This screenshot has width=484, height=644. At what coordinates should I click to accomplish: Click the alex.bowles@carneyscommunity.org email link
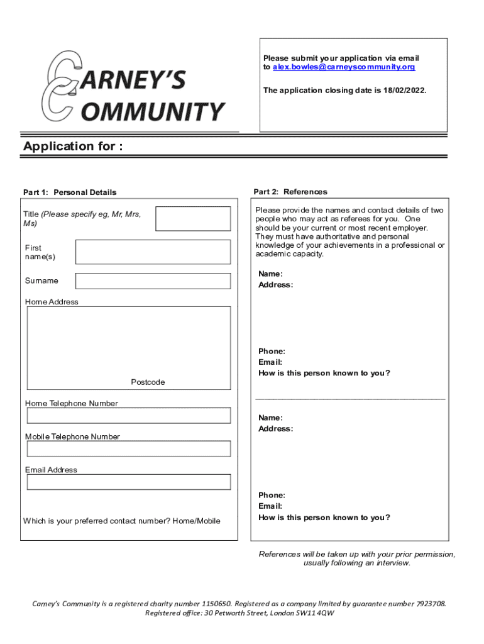coord(344,67)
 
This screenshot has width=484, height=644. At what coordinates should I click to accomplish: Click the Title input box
coord(193,219)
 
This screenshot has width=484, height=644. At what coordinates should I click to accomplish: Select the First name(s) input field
coord(153,252)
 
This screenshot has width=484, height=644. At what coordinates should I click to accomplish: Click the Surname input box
coord(153,281)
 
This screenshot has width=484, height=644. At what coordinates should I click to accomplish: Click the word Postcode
coord(148,382)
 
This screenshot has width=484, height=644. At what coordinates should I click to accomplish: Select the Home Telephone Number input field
coord(129,415)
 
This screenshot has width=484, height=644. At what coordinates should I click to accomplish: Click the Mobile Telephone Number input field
coord(129,448)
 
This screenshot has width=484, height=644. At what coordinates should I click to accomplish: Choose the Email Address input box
coord(129,482)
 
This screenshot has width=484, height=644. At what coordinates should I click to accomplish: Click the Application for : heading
coord(73,147)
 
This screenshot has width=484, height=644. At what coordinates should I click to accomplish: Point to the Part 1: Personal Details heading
coord(70,192)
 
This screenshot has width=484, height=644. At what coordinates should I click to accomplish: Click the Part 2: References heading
coord(290,192)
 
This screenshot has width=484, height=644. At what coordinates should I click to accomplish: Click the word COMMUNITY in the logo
coord(154,112)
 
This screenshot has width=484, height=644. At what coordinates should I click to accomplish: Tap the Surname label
coord(41,280)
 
